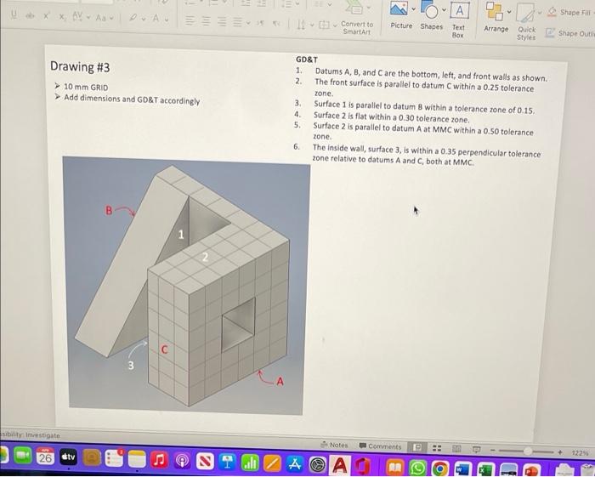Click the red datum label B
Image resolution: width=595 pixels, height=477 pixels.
[x=108, y=208]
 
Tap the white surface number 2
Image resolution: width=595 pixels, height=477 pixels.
[x=204, y=256]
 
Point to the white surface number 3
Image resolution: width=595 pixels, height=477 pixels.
[x=130, y=366]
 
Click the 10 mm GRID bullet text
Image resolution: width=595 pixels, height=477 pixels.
[x=88, y=88]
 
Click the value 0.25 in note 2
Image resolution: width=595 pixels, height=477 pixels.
[x=486, y=88]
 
